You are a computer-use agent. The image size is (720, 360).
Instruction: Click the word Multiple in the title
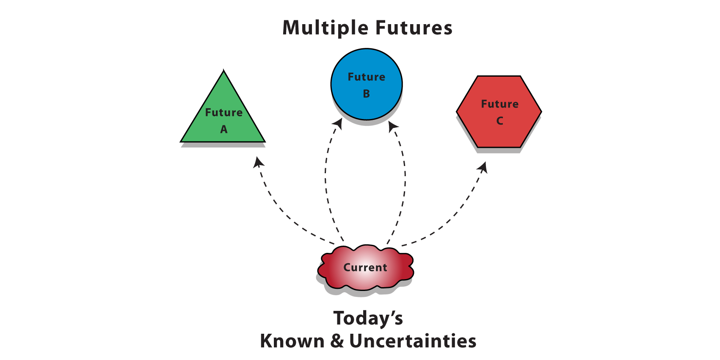point(325,28)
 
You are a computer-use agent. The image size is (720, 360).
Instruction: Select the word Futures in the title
point(414,28)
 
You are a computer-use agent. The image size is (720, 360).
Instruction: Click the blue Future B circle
point(367,84)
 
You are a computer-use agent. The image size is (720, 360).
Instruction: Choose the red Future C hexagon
point(499,112)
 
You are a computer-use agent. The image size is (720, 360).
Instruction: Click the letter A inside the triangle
point(224,129)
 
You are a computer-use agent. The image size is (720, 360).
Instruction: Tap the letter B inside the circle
point(367,94)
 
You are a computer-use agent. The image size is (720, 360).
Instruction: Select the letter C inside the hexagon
point(499,121)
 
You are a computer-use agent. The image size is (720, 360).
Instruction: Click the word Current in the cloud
point(365,267)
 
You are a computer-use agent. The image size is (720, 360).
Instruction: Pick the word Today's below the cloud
point(368,318)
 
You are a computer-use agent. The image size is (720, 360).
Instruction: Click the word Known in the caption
point(292,341)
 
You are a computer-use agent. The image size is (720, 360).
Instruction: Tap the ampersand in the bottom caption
point(337,341)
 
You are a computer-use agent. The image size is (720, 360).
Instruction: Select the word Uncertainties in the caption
point(413,341)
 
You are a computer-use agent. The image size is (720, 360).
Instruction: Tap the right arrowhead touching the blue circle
point(393,126)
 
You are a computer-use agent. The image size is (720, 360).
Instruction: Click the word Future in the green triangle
point(224,112)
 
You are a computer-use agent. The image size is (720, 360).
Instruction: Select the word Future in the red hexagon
point(500,104)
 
